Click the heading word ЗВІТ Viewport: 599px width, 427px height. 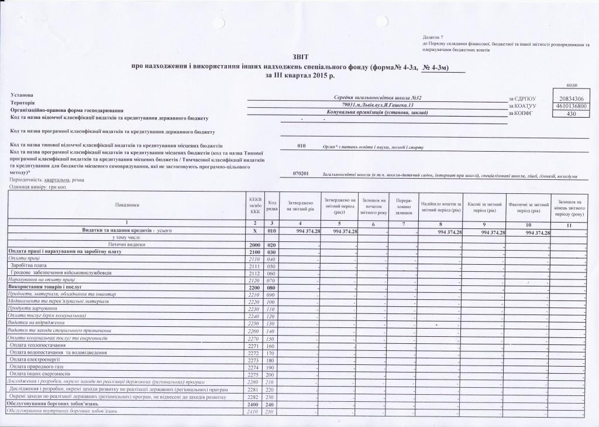pos(299,56)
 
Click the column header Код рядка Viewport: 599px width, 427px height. pos(272,205)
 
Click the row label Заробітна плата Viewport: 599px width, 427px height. pos(29,265)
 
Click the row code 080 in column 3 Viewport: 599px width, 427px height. pos(271,288)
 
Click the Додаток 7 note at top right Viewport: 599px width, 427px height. pos(433,37)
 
